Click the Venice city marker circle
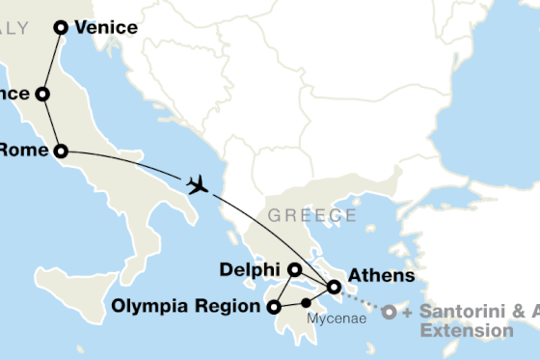61,28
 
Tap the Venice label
105,28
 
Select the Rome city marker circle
61,151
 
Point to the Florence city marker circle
42,94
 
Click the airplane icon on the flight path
199,183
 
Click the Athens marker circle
334,287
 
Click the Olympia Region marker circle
274,308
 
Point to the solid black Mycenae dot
306,302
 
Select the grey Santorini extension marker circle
388,313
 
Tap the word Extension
467,330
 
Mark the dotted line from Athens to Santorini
361,300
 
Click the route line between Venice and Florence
52,61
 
